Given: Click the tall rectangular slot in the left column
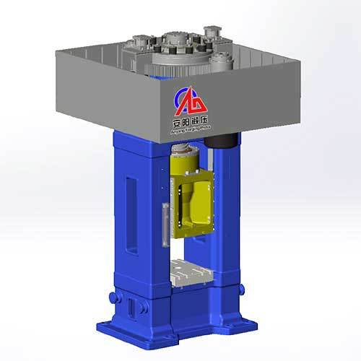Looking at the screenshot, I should coord(131,206).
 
